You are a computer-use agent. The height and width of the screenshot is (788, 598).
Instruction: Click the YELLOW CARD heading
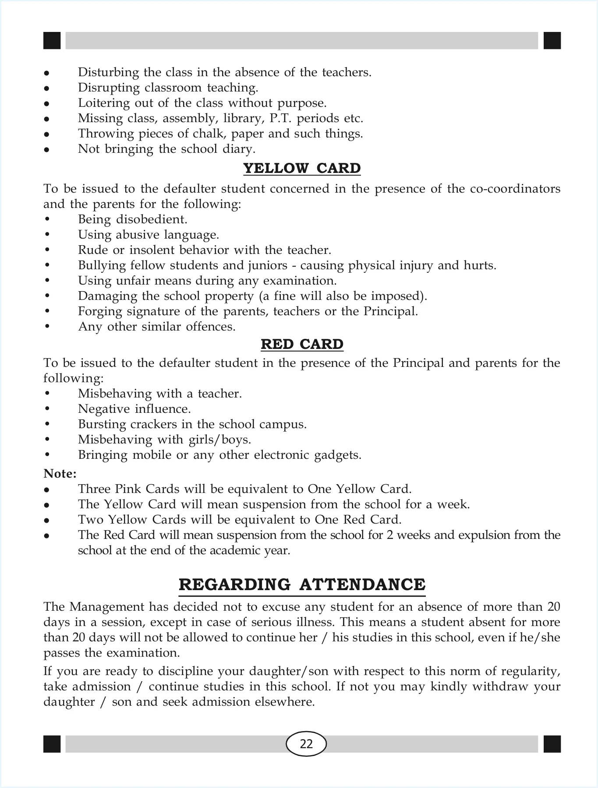[x=302, y=169]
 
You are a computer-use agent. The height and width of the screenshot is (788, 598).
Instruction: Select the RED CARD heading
[x=302, y=345]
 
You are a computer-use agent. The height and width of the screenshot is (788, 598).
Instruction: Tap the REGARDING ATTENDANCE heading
[x=302, y=585]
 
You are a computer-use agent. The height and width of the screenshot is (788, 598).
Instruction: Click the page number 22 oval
[x=306, y=744]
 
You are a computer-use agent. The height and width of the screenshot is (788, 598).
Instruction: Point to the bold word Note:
[x=60, y=474]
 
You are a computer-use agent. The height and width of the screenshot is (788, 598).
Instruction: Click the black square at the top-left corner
[x=52, y=41]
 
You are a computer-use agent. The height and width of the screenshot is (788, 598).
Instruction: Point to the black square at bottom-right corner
[x=552, y=744]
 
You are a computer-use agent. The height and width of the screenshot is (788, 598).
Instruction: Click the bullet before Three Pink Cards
[x=46, y=490]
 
